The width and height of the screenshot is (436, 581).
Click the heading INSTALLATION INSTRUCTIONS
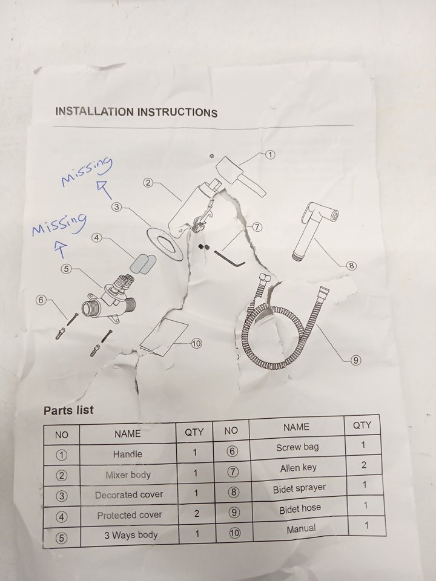pyautogui.click(x=136, y=112)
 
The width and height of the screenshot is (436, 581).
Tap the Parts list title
pyautogui.click(x=68, y=410)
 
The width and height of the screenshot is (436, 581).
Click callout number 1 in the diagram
pyautogui.click(x=270, y=155)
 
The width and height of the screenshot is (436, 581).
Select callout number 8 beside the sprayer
pyautogui.click(x=351, y=265)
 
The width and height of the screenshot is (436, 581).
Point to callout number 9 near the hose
pyautogui.click(x=355, y=359)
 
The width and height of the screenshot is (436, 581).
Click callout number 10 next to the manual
pyautogui.click(x=196, y=344)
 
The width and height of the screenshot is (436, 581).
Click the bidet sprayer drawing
pyautogui.click(x=315, y=231)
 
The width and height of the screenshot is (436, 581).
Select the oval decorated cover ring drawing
pyautogui.click(x=165, y=245)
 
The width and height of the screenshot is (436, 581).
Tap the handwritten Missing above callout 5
pyautogui.click(x=59, y=224)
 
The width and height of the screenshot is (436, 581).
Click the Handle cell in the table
pyautogui.click(x=128, y=454)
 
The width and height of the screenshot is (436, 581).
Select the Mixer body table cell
pyautogui.click(x=128, y=474)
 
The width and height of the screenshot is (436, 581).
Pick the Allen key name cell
pyautogui.click(x=299, y=468)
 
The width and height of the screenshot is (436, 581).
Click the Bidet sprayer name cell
pyautogui.click(x=299, y=489)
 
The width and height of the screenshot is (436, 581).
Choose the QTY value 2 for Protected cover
pyautogui.click(x=196, y=513)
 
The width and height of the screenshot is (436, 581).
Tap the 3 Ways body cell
pyautogui.click(x=131, y=535)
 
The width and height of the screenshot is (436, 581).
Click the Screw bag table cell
pyautogui.click(x=297, y=447)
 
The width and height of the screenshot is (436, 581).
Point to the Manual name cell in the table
pyautogui.click(x=301, y=529)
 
